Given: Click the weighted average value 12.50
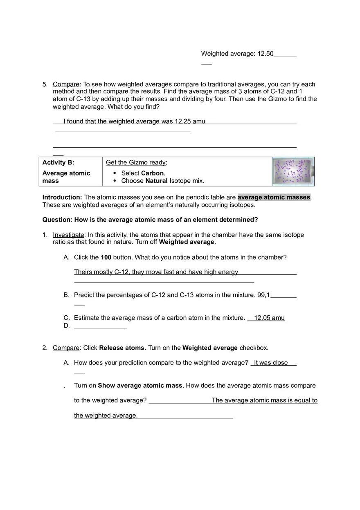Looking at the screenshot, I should click(265, 54).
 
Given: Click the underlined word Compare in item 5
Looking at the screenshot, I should click(66, 84).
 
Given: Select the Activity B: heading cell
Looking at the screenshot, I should click(58, 162).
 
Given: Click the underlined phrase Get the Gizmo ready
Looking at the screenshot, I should click(135, 162).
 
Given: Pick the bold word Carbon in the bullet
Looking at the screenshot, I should click(152, 173).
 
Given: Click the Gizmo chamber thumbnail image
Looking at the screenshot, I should click(293, 171).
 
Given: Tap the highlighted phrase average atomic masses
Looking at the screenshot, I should click(274, 197).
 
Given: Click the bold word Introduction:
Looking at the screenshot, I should click(62, 197).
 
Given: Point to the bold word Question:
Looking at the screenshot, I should click(57, 220).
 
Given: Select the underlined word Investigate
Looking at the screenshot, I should click(68, 235).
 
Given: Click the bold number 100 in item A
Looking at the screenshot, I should click(106, 257).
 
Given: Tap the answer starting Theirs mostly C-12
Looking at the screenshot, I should click(156, 272).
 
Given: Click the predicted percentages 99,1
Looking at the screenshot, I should click(263, 295).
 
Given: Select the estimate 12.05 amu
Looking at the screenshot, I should click(269, 318).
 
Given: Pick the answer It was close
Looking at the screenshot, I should click(271, 363).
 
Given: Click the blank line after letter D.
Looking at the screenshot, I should click(101, 326).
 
